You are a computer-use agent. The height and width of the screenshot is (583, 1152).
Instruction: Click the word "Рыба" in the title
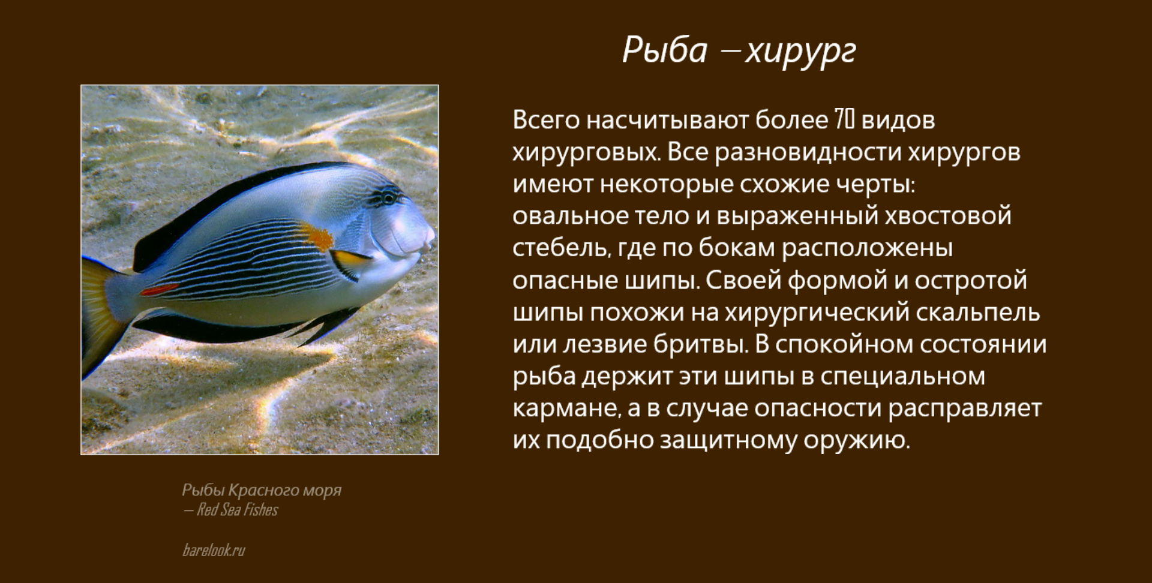[665, 50]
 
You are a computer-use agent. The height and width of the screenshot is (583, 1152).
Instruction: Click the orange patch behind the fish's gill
[317, 236]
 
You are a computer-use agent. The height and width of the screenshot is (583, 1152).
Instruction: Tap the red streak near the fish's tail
[160, 290]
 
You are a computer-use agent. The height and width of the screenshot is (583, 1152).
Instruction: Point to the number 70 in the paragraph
[844, 120]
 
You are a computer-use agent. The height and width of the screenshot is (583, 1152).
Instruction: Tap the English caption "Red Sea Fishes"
[238, 510]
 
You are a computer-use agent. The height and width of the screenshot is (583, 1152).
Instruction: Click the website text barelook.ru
[214, 550]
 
